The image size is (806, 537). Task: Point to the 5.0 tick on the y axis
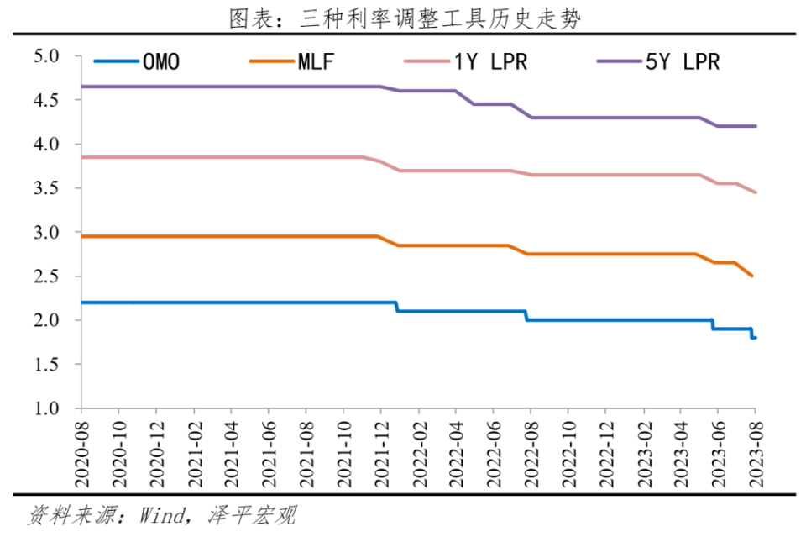45,56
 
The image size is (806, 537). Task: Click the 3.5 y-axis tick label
45,188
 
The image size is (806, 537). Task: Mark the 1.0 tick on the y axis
45,408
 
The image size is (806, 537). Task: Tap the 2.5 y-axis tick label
45,276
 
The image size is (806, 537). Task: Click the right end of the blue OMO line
756,338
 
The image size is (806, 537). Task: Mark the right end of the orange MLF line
752,276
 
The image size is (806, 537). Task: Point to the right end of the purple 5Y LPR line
756,126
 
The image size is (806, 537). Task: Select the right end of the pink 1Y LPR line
755,192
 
